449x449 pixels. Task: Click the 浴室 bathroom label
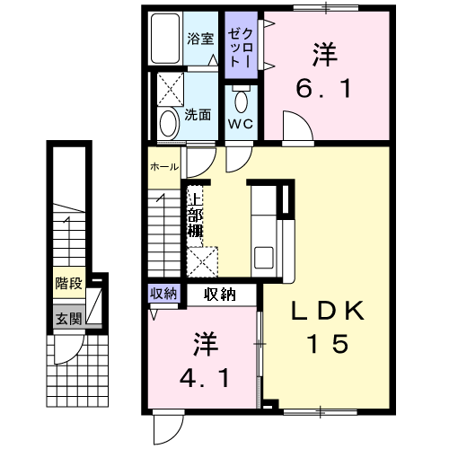(200, 40)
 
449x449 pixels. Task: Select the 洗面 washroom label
(198, 115)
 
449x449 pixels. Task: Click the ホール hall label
(163, 167)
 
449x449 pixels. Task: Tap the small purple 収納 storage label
(163, 293)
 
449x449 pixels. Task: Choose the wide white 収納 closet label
(220, 293)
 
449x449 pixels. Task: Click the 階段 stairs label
(68, 284)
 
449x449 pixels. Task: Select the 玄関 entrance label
(68, 318)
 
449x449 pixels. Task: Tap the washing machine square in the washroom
(170, 90)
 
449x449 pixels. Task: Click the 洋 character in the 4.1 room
(204, 345)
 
